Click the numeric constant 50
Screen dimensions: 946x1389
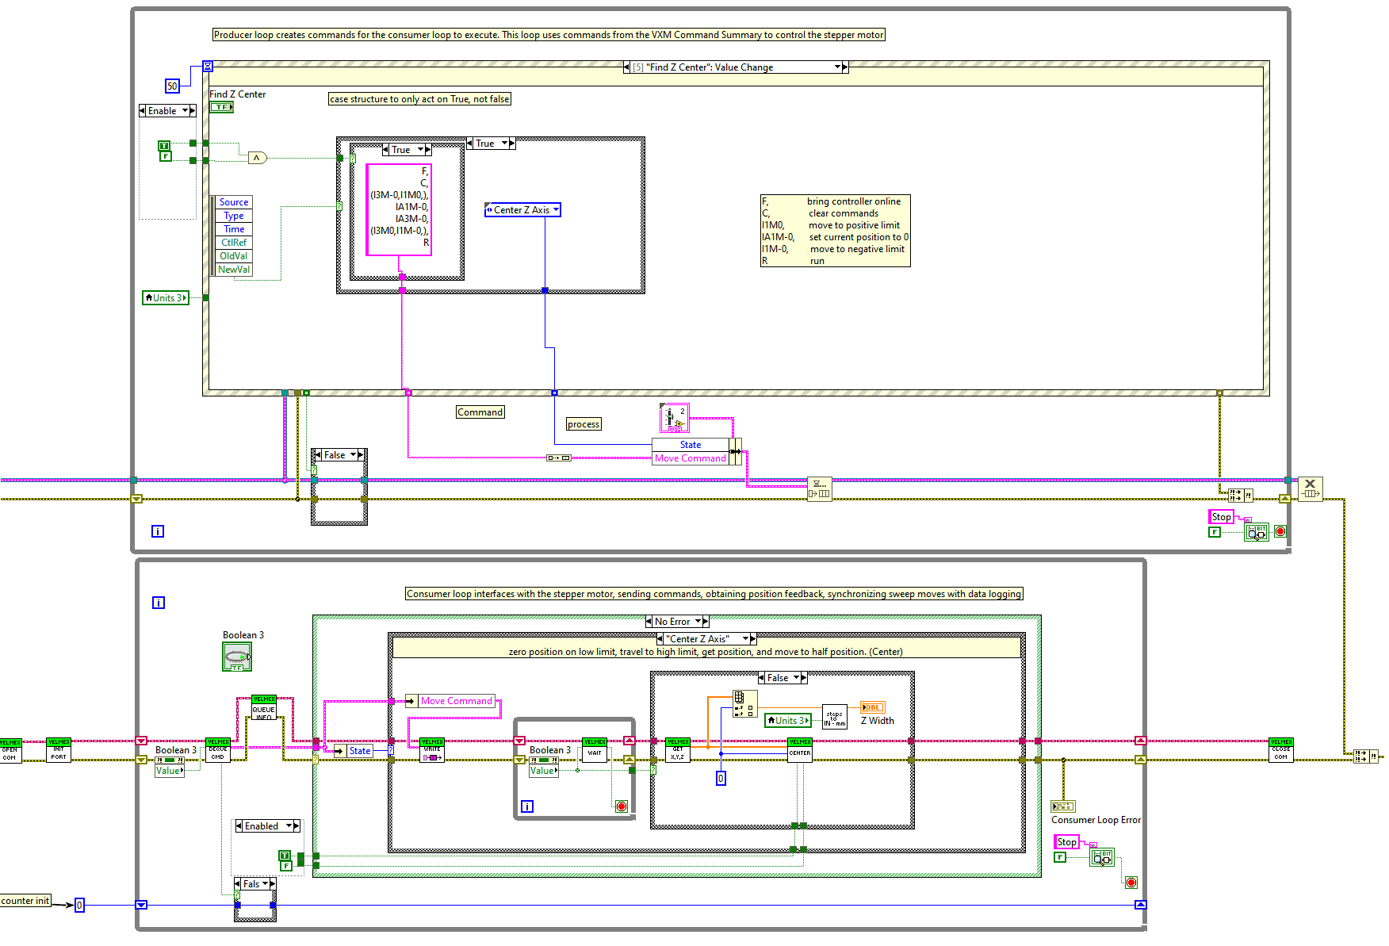pyautogui.click(x=172, y=86)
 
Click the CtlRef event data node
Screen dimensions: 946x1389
pyautogui.click(x=234, y=243)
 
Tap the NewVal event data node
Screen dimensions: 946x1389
pyautogui.click(x=234, y=270)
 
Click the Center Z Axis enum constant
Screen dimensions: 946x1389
pyautogui.click(x=522, y=210)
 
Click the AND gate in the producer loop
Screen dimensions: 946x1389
pyautogui.click(x=257, y=158)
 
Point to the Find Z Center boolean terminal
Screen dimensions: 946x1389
pyautogui.click(x=221, y=107)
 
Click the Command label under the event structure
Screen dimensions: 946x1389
pyautogui.click(x=480, y=412)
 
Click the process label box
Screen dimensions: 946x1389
pyautogui.click(x=584, y=424)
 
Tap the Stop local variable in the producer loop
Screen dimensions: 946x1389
pyautogui.click(x=1221, y=517)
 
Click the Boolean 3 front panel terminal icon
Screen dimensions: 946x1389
pyautogui.click(x=236, y=657)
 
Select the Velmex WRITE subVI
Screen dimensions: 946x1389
pyautogui.click(x=432, y=750)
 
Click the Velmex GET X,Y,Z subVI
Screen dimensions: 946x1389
pyautogui.click(x=678, y=750)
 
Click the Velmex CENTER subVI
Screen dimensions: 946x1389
pyautogui.click(x=799, y=750)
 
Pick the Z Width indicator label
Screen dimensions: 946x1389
pyautogui.click(x=877, y=721)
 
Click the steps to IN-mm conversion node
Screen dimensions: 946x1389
pyautogui.click(x=834, y=717)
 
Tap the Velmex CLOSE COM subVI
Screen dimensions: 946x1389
pyautogui.click(x=1280, y=750)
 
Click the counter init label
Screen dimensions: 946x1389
pyautogui.click(x=25, y=901)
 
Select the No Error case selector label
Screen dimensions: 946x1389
pyautogui.click(x=672, y=622)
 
